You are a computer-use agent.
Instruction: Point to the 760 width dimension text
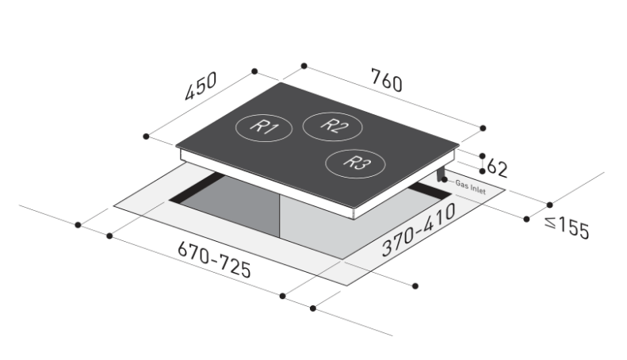386,81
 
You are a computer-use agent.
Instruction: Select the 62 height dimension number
497,167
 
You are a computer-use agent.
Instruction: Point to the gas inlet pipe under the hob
441,175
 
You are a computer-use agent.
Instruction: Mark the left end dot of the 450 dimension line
146,136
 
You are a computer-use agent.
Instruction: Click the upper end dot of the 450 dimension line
254,71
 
